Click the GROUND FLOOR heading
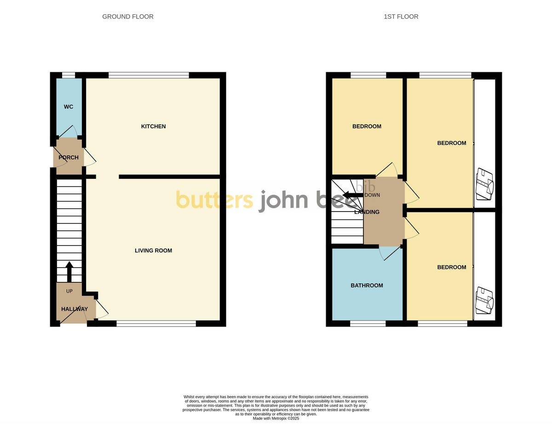coord(127,17)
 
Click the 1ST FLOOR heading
coord(401,17)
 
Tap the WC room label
coord(69,107)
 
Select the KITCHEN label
coord(153,126)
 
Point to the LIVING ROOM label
coord(153,251)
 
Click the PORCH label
coord(69,158)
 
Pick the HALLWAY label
coord(74,309)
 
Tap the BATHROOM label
coord(367,286)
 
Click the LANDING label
coord(367,212)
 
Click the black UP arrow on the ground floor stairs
coord(69,272)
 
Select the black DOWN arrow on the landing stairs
coord(353,195)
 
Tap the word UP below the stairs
coord(69,291)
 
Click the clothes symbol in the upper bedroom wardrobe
coord(484,184)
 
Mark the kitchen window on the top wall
coord(149,75)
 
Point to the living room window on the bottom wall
coord(156,324)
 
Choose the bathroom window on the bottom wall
coord(368,324)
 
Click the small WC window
coord(69,75)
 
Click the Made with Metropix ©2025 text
coord(276,418)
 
